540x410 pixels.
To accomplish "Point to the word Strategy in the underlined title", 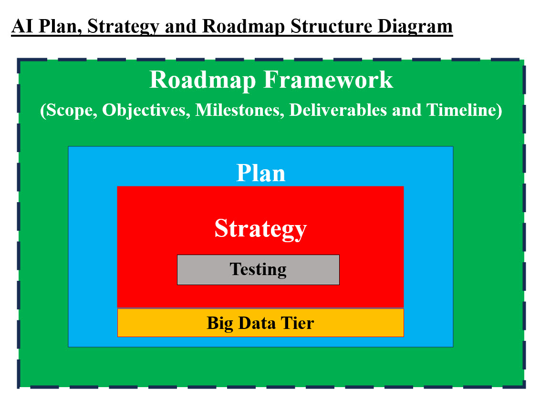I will tap(122, 26).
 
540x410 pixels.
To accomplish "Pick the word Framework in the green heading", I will tap(329, 80).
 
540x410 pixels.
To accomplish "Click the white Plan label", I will tap(261, 173).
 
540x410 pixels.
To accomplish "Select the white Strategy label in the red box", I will tap(260, 228).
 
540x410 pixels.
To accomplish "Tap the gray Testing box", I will tap(258, 269).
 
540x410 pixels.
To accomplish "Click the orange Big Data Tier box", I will tap(260, 323).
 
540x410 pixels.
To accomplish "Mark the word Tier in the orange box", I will tap(299, 323).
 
